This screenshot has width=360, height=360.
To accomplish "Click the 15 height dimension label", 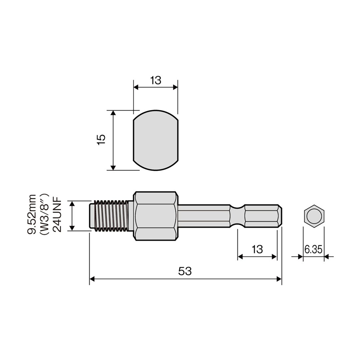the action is [x=101, y=139].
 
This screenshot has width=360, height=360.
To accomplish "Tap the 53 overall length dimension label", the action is [x=185, y=271].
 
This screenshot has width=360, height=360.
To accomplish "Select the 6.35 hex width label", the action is [x=313, y=249].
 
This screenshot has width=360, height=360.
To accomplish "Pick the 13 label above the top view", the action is [x=156, y=80].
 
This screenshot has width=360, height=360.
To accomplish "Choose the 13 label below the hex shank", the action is [x=257, y=249].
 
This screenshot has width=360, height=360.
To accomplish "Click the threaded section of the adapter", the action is [x=111, y=216].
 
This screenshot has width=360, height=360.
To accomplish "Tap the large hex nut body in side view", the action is [x=156, y=216].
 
